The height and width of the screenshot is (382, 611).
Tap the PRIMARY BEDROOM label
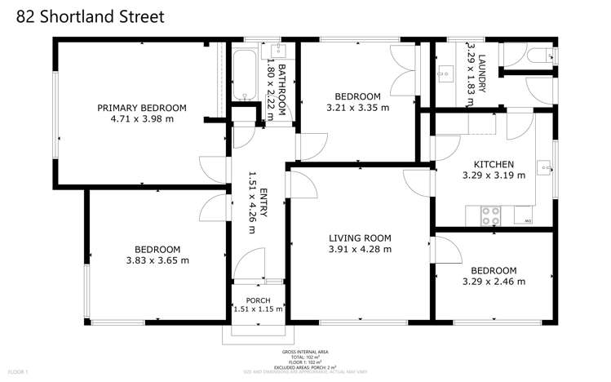coord(142,108)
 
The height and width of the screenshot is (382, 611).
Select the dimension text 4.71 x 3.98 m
coord(142,119)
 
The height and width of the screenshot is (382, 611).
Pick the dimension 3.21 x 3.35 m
coord(357,107)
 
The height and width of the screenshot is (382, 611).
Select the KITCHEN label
coord(488,164)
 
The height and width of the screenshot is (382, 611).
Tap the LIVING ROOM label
coord(360,238)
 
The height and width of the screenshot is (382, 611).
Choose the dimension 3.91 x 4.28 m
coord(360,250)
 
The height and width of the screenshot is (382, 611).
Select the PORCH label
coord(258,299)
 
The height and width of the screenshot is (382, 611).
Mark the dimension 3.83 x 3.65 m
coord(157,261)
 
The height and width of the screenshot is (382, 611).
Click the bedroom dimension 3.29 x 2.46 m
coord(493,282)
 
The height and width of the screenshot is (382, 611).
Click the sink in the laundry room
coord(445,74)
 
